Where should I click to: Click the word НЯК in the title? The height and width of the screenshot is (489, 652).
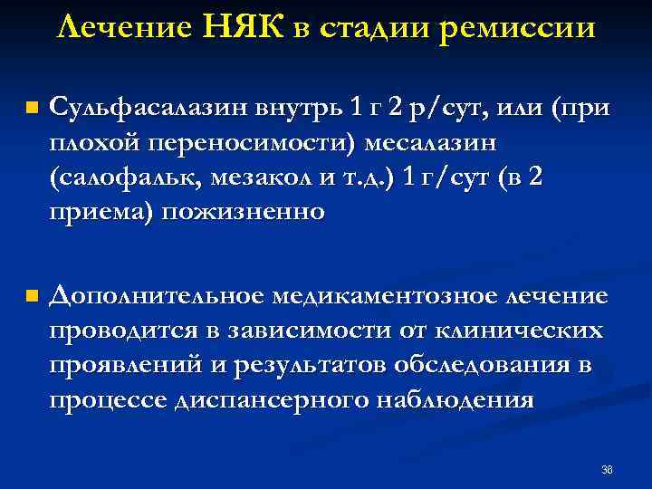point(246,27)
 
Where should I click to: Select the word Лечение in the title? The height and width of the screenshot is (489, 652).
point(127,27)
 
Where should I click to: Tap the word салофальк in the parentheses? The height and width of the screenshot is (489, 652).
point(128,177)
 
